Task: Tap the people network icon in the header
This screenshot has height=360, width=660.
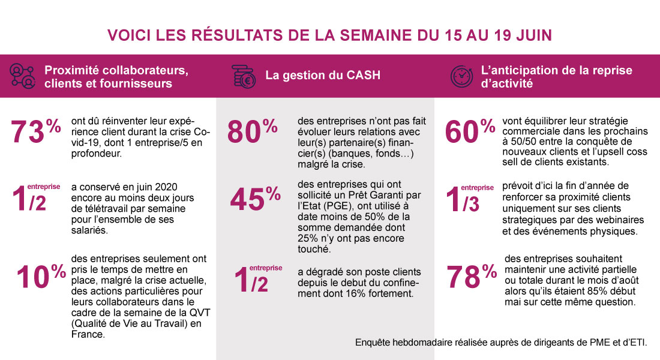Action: pos(22,76)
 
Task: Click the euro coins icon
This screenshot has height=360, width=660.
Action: pos(244,76)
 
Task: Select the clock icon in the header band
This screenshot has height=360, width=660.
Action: pos(461,76)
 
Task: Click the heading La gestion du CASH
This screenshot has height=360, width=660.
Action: pos(323,76)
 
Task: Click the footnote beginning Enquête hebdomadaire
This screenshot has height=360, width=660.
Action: pos(501,343)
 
